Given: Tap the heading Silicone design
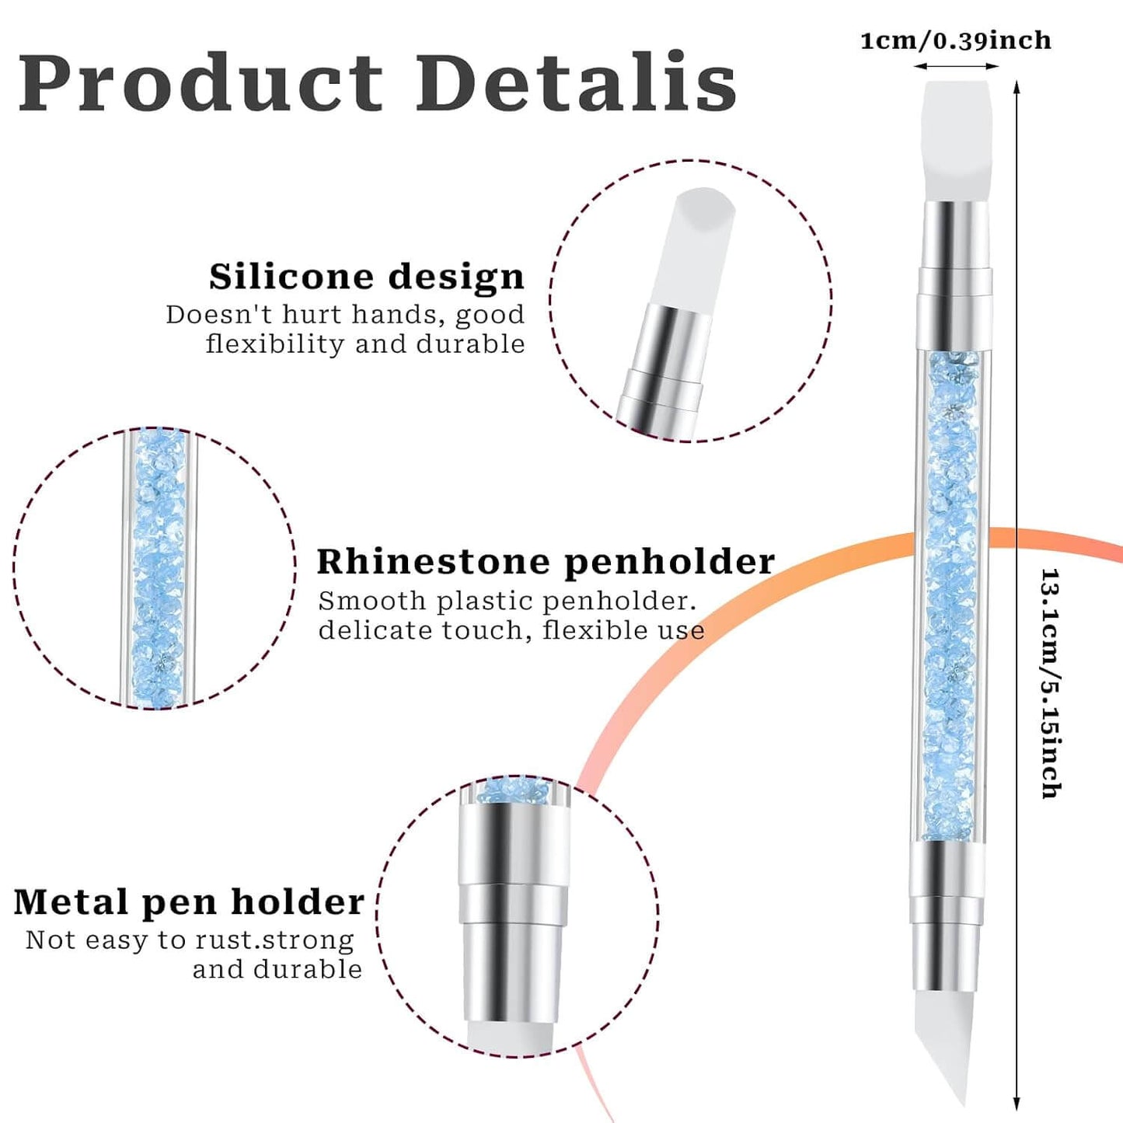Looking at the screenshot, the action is (367, 277).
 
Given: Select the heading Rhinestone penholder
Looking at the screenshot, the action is (546, 563).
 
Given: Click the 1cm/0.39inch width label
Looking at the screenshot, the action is (956, 40).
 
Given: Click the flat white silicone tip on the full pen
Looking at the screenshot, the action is (957, 141).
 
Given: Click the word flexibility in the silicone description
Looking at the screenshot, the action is (275, 344).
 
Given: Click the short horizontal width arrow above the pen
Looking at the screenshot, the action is (956, 66).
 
